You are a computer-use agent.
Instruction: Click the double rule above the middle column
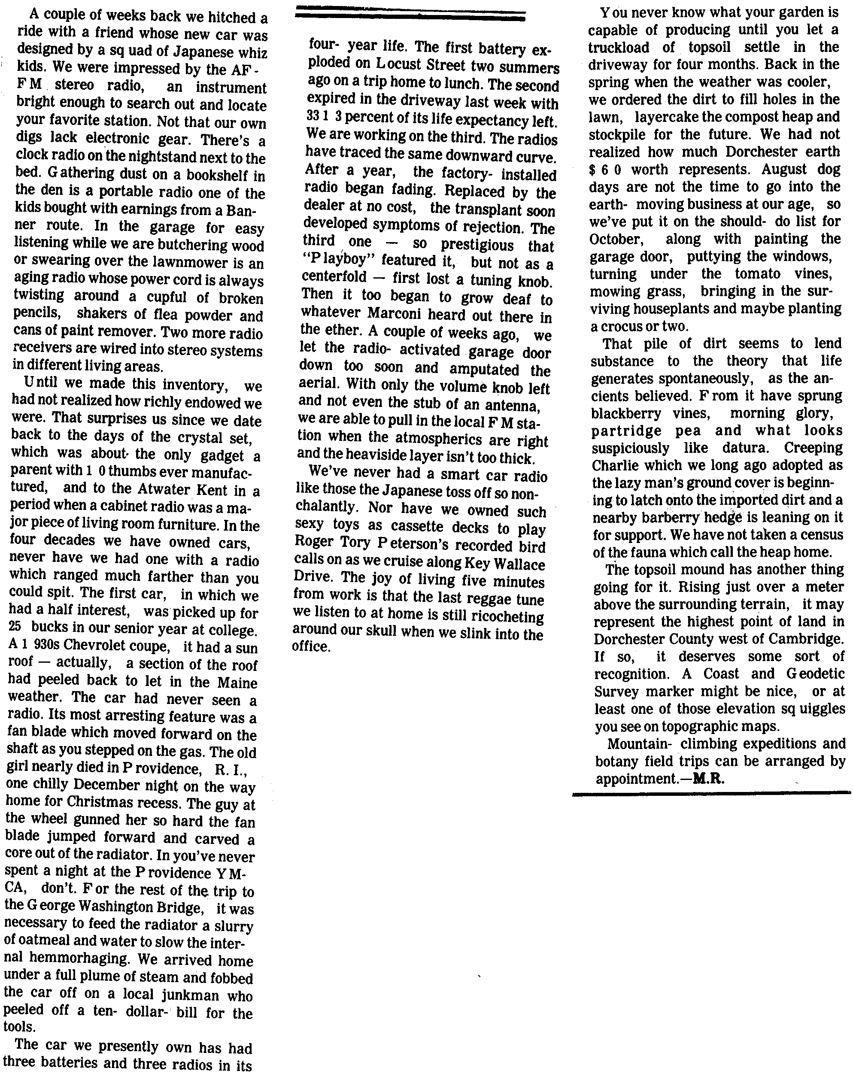pyautogui.click(x=410, y=15)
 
